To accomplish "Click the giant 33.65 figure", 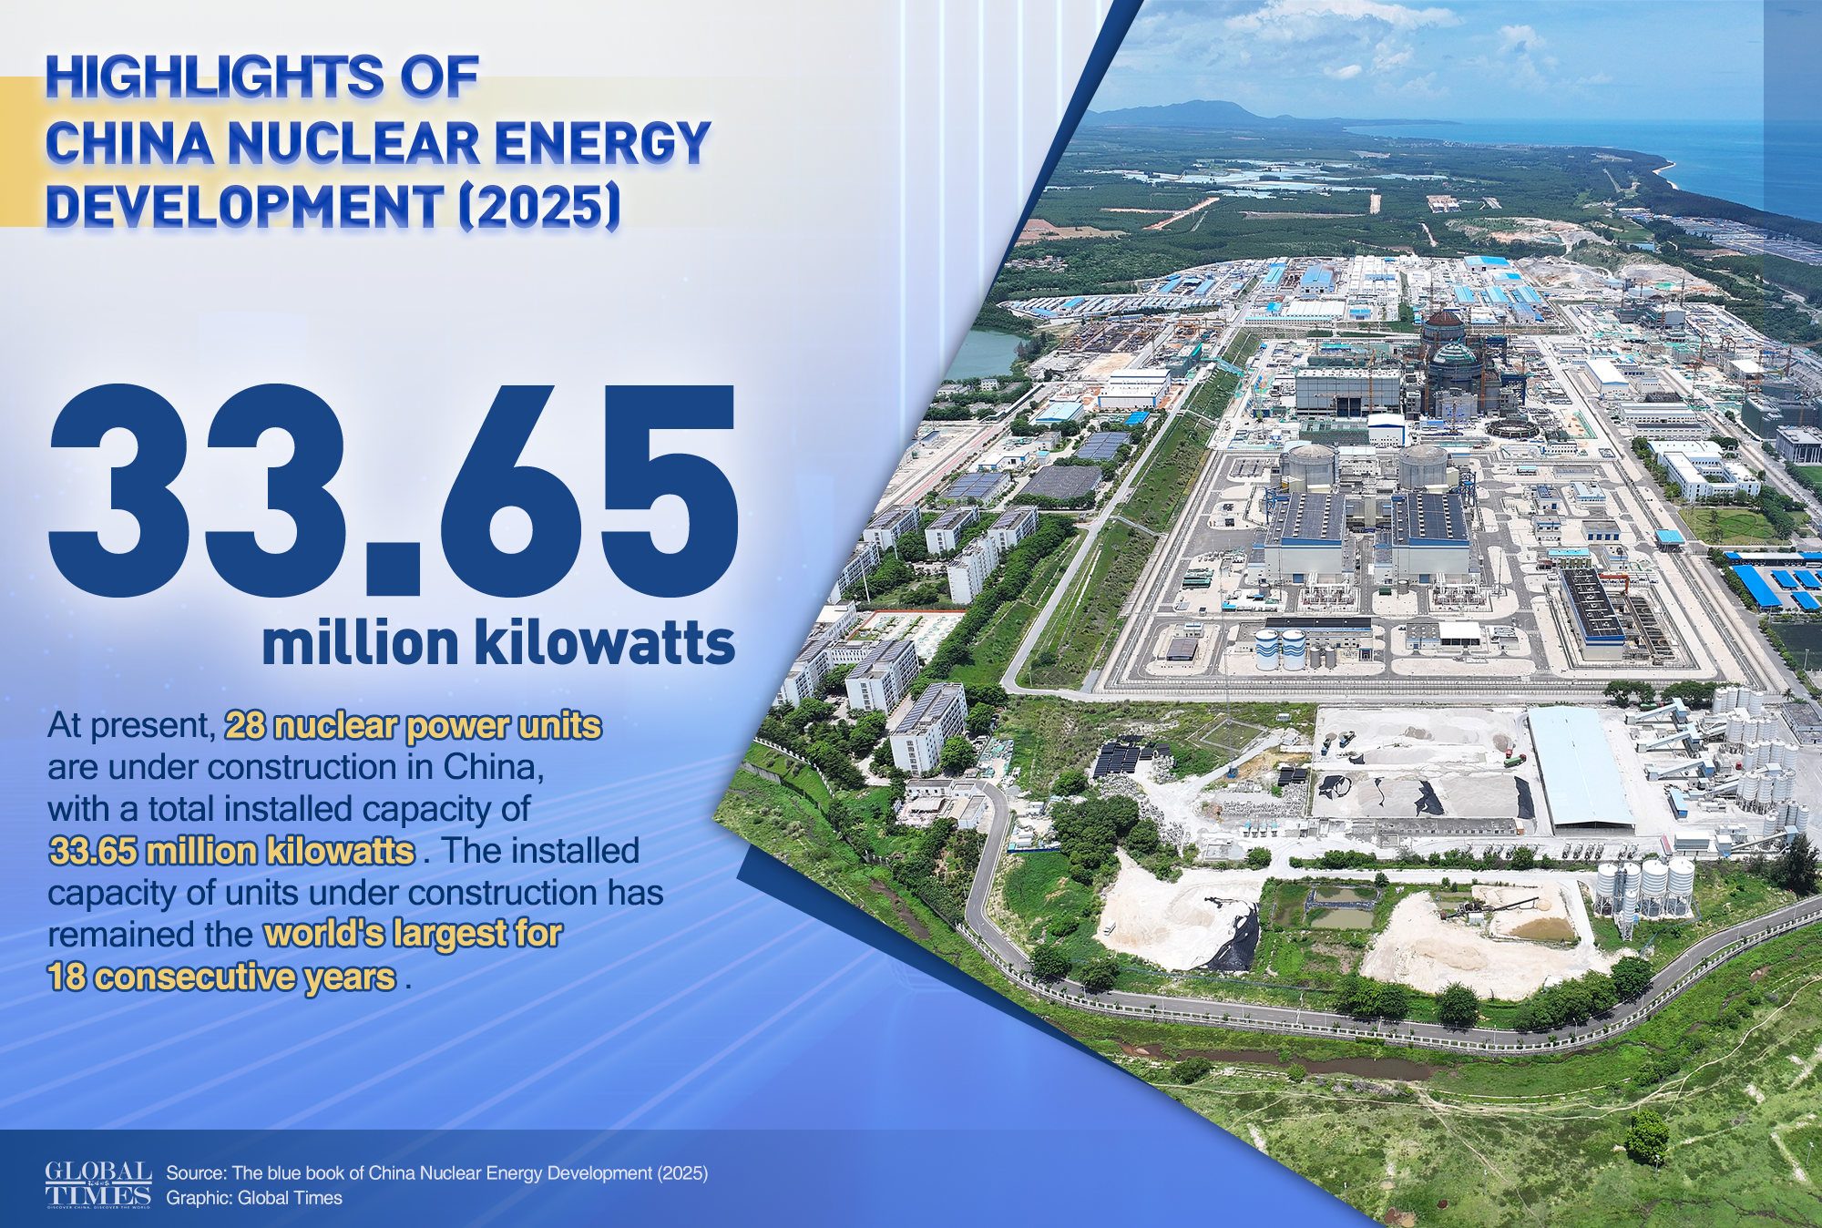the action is pyautogui.click(x=393, y=492).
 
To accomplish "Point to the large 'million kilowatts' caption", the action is pyautogui.click(x=498, y=643).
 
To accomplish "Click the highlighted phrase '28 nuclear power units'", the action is pyautogui.click(x=413, y=726).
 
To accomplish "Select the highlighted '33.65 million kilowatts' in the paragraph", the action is pyautogui.click(x=231, y=851).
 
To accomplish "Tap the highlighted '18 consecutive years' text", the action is pyautogui.click(x=221, y=977).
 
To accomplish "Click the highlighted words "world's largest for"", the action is pyautogui.click(x=413, y=934).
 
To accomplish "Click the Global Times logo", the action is pyautogui.click(x=98, y=1184).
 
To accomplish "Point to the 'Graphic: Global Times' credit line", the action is pyautogui.click(x=254, y=1198).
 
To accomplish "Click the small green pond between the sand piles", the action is pyautogui.click(x=1340, y=906).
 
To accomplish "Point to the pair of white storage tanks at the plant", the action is pyautogui.click(x=1280, y=649).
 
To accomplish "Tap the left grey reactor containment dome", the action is pyautogui.click(x=1308, y=465).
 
